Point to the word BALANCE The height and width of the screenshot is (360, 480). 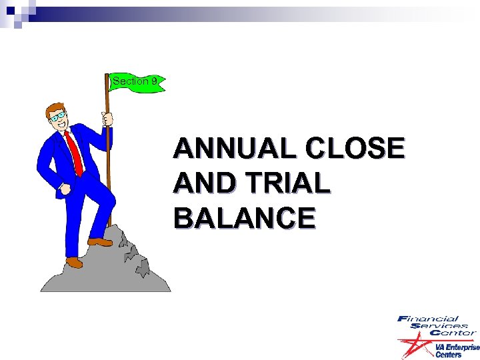tap(244, 218)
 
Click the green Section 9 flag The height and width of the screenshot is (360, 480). tap(137, 82)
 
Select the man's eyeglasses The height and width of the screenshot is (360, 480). tap(61, 116)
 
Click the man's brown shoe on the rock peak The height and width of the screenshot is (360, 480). tap(99, 241)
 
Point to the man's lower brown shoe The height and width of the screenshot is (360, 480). tap(74, 263)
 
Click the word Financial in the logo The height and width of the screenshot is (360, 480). tap(427, 319)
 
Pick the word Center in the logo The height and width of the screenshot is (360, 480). tap(453, 333)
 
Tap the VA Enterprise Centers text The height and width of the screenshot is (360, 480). tap(457, 351)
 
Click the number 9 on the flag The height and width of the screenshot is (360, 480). tap(154, 81)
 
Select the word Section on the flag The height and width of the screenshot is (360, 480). tap(131, 81)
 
